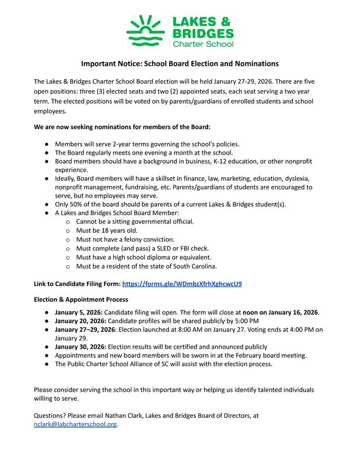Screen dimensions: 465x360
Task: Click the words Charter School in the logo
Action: pos(198,44)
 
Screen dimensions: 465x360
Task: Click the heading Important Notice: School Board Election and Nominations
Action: pos(180,63)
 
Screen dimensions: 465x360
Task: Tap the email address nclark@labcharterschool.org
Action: pos(76,425)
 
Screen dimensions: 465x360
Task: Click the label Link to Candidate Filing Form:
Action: pos(77,284)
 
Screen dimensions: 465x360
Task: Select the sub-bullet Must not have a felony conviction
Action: pos(125,239)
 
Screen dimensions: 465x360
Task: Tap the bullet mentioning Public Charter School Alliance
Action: pos(163,364)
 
